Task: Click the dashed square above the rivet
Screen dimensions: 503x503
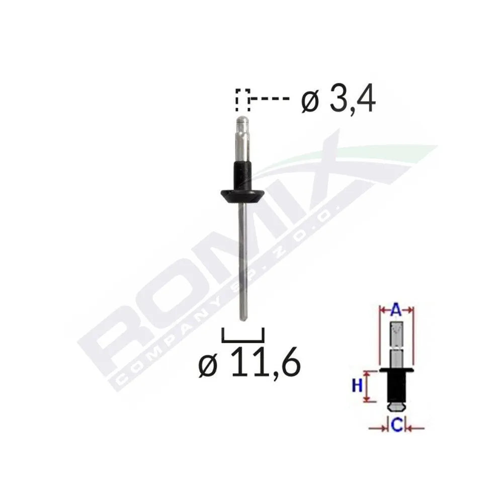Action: coord(242,100)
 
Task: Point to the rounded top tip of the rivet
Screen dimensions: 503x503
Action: coord(242,121)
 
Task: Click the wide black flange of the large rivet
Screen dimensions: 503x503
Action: coord(242,195)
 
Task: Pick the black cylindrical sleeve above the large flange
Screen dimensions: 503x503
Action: coord(242,174)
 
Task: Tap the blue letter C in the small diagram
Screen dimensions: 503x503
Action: coord(396,427)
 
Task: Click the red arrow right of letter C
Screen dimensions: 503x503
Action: coord(415,428)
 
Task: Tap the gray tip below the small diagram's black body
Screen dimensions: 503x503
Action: coord(396,405)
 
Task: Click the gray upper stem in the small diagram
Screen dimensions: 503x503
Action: coord(396,342)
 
